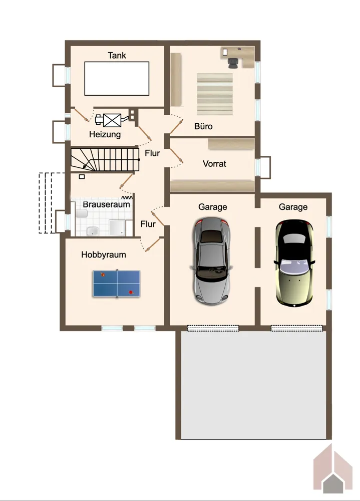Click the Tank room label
tap(117, 55)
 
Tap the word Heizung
tap(105, 134)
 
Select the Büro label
tap(203, 126)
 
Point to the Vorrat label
tap(214, 164)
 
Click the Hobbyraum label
tap(104, 255)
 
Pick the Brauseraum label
tap(106, 204)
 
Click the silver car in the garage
tap(211, 261)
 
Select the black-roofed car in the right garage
tap(294, 263)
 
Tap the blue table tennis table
tap(117, 284)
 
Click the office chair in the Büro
tap(233, 63)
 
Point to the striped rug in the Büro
tap(215, 94)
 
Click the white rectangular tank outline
tap(117, 79)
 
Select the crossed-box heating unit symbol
tap(113, 120)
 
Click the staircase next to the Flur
tap(105, 159)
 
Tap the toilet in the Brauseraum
tap(82, 213)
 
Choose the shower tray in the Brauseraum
tap(117, 227)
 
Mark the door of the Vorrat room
tap(176, 156)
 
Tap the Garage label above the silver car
tap(213, 207)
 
